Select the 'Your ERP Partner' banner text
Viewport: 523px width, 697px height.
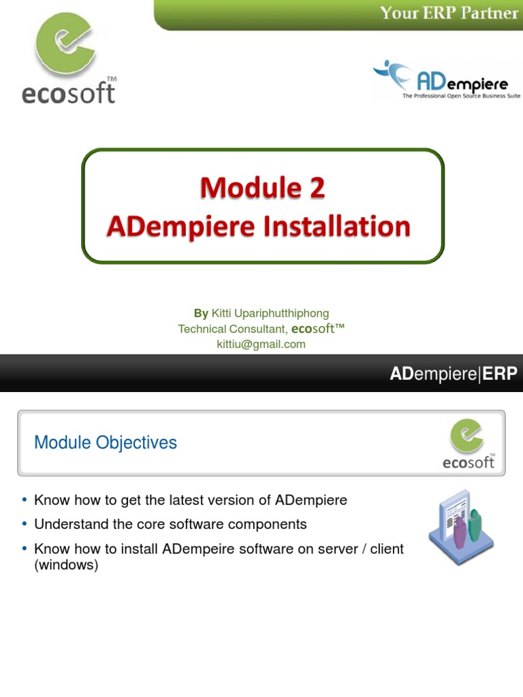[448, 13]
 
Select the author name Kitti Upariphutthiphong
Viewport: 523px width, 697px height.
[270, 313]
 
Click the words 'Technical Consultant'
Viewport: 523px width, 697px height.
[232, 329]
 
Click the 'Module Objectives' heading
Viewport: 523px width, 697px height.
[106, 442]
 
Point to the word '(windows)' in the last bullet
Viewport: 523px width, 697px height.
[66, 565]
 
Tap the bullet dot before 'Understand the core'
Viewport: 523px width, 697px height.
[25, 525]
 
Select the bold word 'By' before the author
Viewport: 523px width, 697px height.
[201, 313]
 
